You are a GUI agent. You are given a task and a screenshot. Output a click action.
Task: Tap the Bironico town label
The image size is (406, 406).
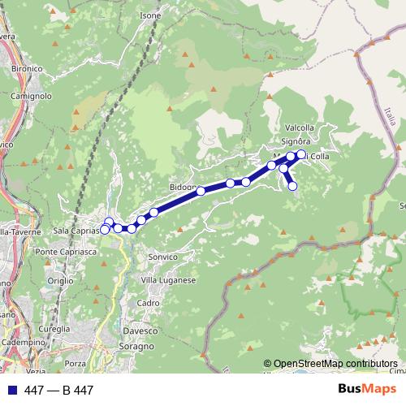(x=27, y=69)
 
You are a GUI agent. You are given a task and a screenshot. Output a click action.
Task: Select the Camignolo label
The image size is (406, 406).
(x=32, y=96)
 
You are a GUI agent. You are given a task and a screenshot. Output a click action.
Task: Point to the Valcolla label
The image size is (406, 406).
(x=300, y=127)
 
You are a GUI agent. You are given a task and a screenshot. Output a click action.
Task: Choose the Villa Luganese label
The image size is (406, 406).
(x=169, y=280)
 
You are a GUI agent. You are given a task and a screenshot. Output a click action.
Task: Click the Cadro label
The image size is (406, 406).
(x=148, y=303)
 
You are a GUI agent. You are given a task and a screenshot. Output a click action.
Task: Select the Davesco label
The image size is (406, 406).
(x=140, y=331)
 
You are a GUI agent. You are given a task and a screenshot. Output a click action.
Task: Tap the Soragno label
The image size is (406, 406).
(x=139, y=347)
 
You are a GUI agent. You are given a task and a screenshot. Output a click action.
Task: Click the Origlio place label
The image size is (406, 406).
(x=59, y=280)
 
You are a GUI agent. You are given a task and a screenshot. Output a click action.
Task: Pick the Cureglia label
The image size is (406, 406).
(x=54, y=330)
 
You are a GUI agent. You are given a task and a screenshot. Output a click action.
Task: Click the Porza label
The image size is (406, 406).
(x=76, y=363)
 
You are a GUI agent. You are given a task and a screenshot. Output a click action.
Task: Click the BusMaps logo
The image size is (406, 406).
(x=366, y=390)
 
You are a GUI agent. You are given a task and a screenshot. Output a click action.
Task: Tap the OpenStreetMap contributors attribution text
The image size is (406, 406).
(x=335, y=364)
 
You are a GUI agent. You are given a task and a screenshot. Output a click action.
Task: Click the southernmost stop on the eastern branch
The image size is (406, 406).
(x=293, y=186)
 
